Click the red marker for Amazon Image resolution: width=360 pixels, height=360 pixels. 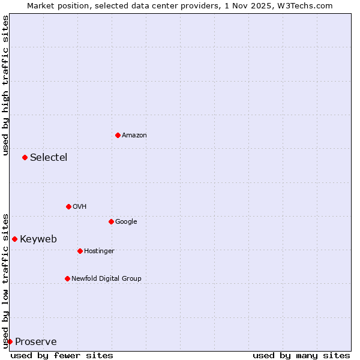[x=118, y=135]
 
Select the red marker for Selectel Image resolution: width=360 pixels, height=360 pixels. [x=25, y=157]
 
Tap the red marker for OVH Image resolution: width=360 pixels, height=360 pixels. [x=68, y=206]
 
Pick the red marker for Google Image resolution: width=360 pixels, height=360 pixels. [x=111, y=221]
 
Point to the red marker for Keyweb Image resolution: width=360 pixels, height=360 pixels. [x=14, y=239]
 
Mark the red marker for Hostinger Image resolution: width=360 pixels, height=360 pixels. [x=80, y=251]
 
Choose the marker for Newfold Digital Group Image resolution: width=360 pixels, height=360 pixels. [x=67, y=278]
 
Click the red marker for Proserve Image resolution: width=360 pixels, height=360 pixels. [x=10, y=341]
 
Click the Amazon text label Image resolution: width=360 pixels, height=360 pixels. [x=134, y=136]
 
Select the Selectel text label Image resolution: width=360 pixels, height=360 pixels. [x=49, y=158]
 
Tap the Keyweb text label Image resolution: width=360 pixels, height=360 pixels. [x=38, y=239]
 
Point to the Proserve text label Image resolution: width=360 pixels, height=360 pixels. [x=36, y=342]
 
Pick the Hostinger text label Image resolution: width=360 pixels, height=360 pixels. [x=99, y=251]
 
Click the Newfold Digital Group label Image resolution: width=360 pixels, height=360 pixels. [x=106, y=279]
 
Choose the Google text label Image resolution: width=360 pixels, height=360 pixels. [x=126, y=222]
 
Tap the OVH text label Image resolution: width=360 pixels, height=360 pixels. [x=80, y=207]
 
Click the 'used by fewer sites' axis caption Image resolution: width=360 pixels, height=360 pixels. [x=62, y=355]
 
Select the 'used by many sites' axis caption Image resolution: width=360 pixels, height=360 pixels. [x=301, y=355]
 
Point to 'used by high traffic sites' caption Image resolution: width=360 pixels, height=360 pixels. [x=5, y=85]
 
